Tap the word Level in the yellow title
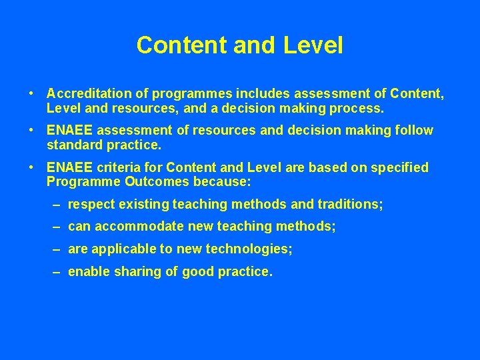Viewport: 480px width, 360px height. click(313, 45)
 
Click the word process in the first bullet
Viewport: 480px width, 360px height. click(358, 107)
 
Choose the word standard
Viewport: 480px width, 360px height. click(73, 145)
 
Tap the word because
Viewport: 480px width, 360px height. click(221, 182)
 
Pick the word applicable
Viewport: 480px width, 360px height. click(120, 249)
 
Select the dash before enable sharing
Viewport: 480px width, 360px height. click(57, 272)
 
